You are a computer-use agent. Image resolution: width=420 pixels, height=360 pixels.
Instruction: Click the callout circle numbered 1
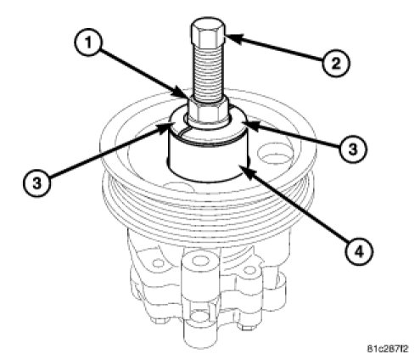click(88, 43)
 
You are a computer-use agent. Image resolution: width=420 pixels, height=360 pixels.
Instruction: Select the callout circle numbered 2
click(336, 63)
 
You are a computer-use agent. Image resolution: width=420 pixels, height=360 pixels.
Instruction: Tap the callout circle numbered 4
click(359, 251)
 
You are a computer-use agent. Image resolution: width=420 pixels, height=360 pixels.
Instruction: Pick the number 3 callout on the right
click(352, 149)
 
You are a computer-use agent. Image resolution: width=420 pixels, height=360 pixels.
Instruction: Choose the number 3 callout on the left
click(36, 183)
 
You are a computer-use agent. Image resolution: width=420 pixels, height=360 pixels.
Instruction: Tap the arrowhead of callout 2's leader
click(233, 39)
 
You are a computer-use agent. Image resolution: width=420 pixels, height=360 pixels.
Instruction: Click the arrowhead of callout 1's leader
click(181, 93)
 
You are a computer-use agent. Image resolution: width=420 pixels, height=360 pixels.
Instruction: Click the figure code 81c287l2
click(388, 348)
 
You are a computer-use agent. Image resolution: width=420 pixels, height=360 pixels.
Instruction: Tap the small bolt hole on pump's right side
click(249, 270)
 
